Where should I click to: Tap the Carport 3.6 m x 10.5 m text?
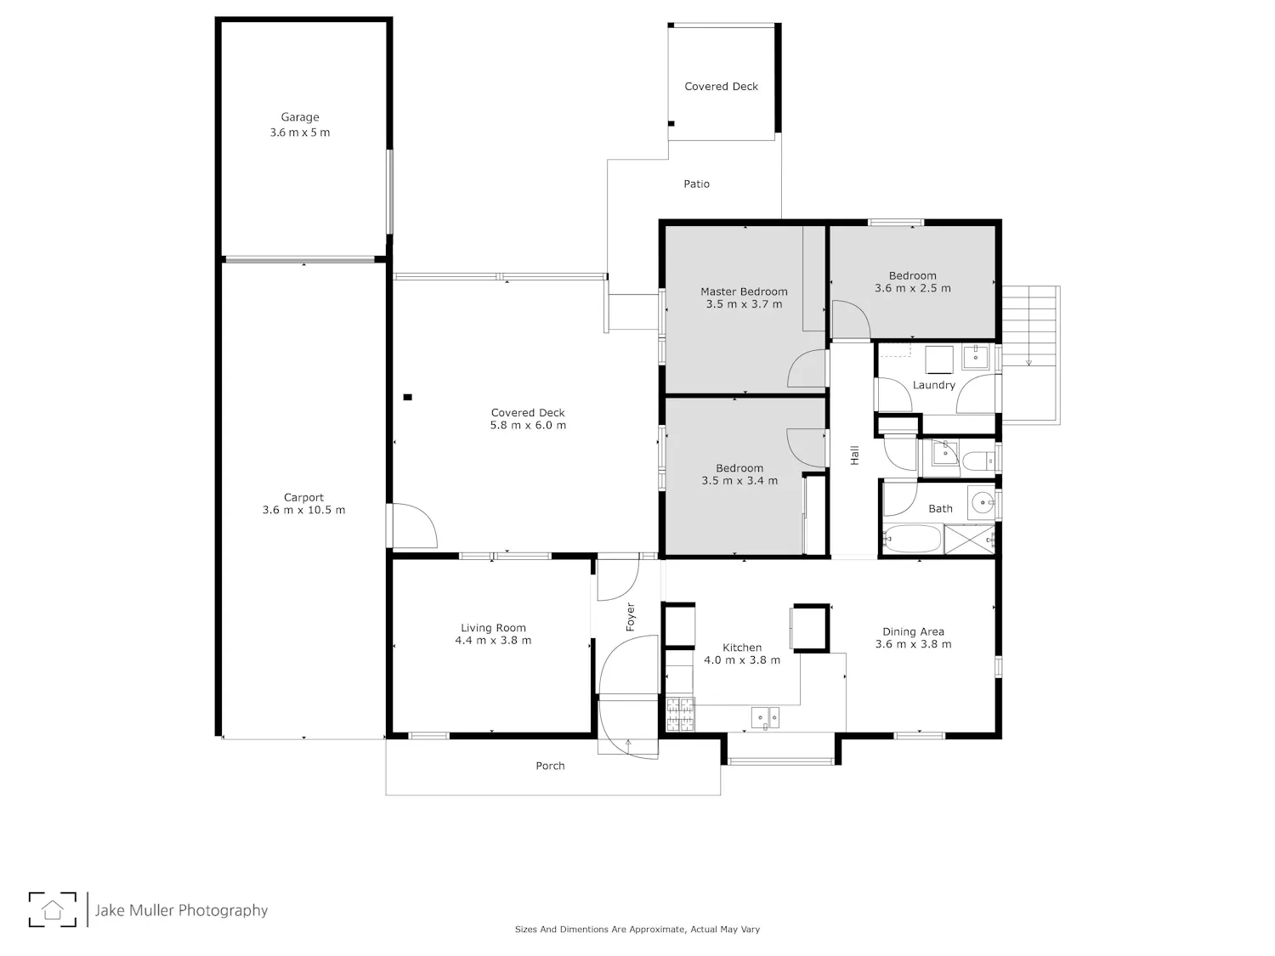pos(303,504)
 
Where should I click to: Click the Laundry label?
pos(933,386)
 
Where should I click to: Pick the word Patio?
pos(696,184)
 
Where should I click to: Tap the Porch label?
pos(550,766)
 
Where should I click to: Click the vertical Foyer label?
pos(630,616)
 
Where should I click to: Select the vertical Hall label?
pos(854,455)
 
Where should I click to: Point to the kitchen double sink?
pos(765,717)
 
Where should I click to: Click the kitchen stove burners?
pos(680,714)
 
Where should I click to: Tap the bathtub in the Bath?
pos(912,540)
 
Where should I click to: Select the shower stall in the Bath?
pos(970,540)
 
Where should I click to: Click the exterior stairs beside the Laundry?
pos(1030,354)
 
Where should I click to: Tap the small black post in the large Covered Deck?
pos(408,398)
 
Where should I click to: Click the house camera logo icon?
pos(53,909)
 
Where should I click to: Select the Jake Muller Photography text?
pos(181,910)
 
